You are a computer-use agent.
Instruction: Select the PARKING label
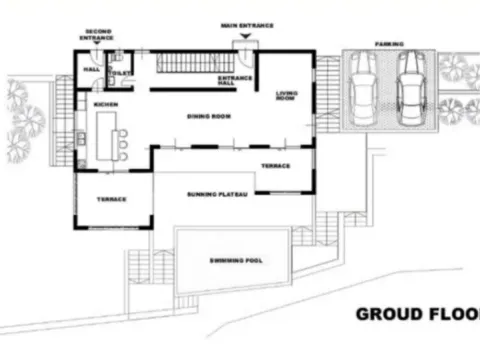389,45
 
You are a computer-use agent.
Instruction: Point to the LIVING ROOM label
286,96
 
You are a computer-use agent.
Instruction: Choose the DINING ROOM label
208,117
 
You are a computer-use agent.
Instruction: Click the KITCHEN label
108,104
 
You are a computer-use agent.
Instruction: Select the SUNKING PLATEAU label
216,193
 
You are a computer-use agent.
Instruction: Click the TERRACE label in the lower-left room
111,199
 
